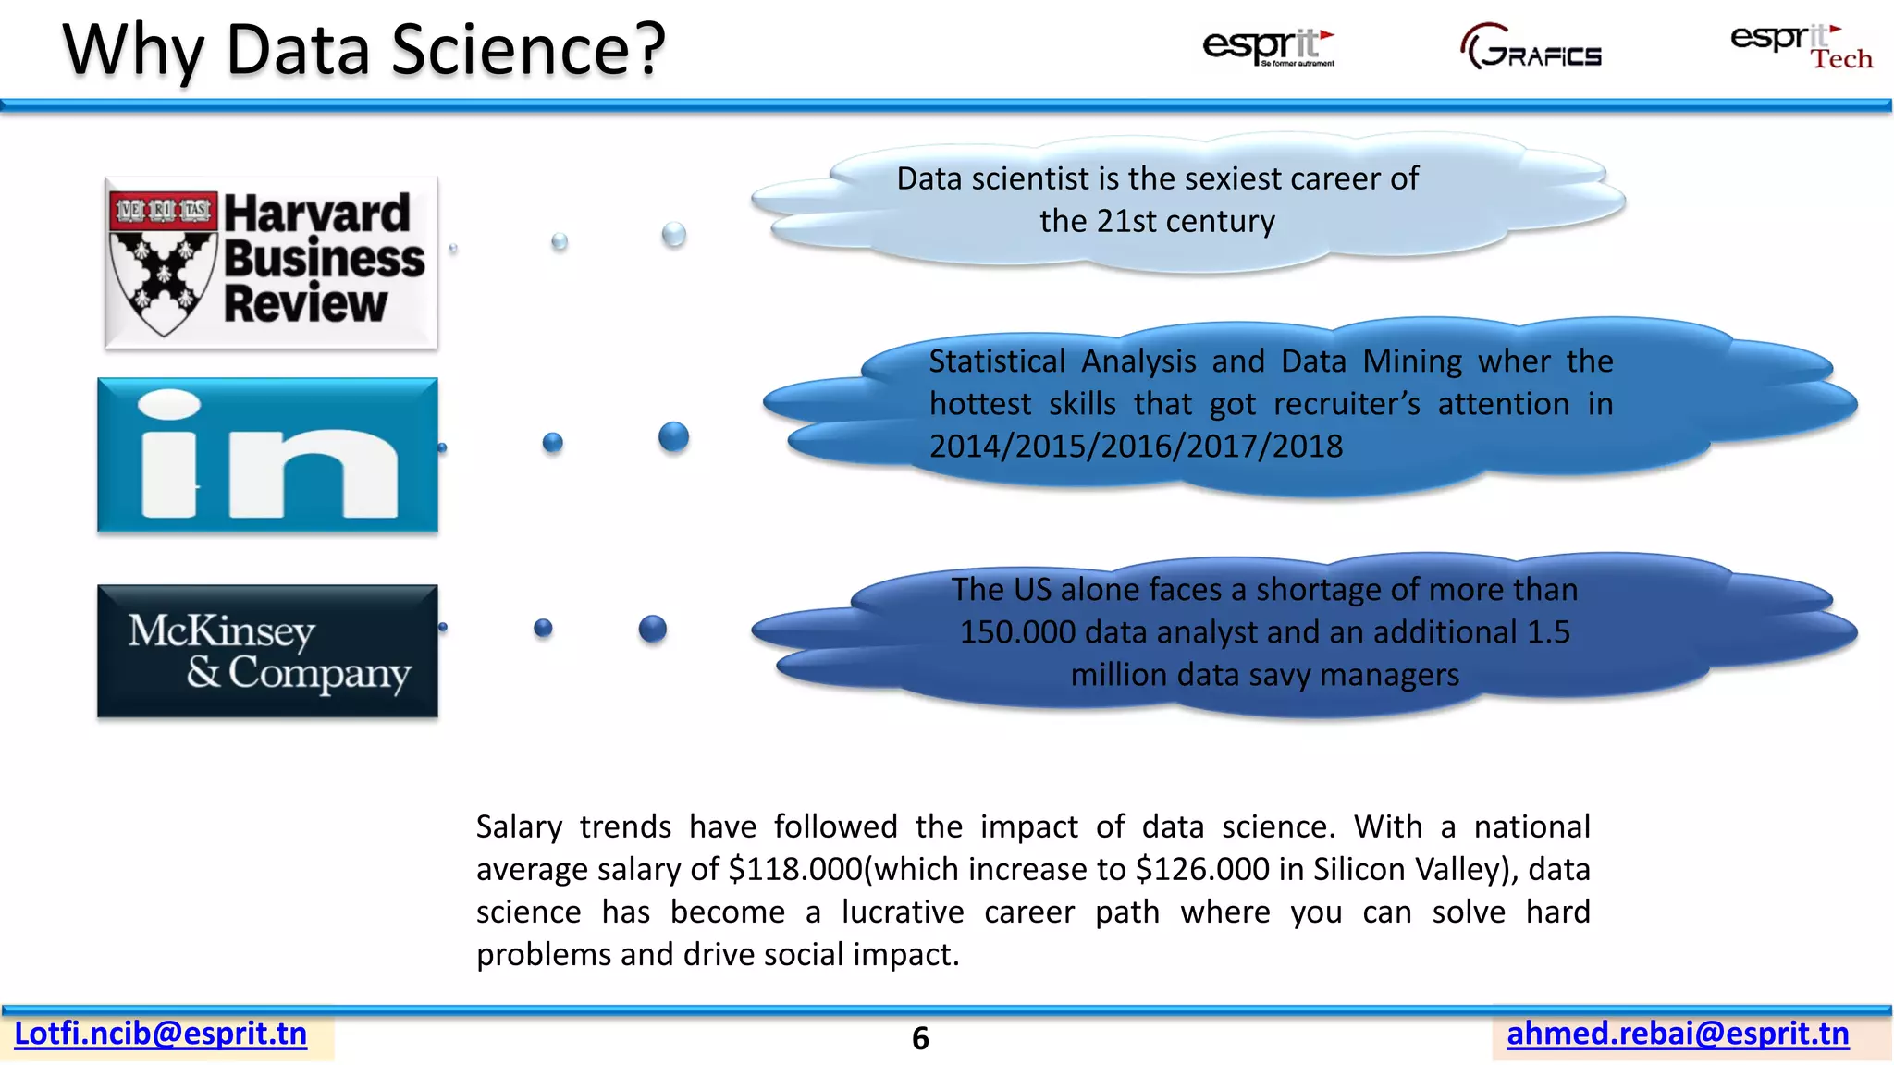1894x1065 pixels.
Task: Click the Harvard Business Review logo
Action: tap(270, 263)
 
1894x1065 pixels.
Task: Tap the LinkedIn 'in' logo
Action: tap(267, 455)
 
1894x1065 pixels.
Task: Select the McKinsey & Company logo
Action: tap(267, 651)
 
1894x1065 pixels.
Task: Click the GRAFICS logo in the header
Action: tap(1531, 48)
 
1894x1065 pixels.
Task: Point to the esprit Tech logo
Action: tap(1801, 46)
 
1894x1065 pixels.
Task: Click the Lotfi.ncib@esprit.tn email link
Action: tap(161, 1034)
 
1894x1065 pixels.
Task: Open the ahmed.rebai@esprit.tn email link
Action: tap(1678, 1034)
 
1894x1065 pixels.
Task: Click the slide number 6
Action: tap(920, 1039)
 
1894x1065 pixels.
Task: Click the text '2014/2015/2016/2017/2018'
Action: tap(1136, 447)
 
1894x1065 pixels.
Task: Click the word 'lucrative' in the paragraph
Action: tap(903, 912)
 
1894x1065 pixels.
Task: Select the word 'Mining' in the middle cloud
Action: tap(1412, 361)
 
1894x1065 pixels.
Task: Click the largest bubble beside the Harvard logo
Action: tap(674, 235)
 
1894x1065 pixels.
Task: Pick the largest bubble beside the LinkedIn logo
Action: tap(674, 436)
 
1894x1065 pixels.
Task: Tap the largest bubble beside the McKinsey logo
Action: tap(653, 629)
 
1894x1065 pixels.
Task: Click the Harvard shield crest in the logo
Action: tap(164, 264)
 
